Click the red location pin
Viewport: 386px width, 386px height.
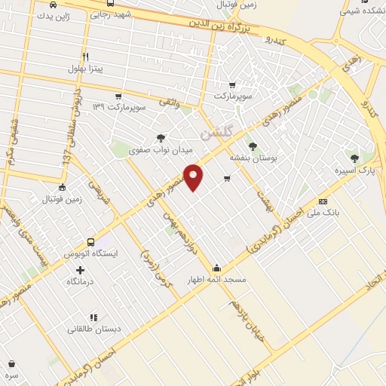195,176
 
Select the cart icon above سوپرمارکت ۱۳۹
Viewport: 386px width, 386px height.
118,96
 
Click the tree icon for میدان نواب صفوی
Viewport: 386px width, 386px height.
160,138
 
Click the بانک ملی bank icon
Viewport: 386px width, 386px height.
323,201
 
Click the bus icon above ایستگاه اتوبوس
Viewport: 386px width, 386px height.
91,243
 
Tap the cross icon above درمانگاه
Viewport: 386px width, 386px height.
80,269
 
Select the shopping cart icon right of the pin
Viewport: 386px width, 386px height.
227,179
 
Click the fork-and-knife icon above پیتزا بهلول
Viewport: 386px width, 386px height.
85,57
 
